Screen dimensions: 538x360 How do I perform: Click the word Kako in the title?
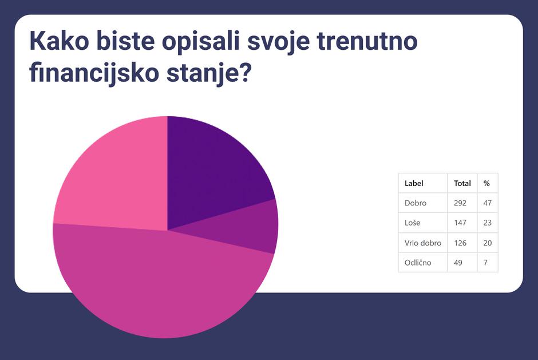(x=60, y=41)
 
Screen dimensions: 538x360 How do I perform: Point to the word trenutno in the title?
(x=367, y=41)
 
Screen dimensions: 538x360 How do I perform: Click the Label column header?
(x=414, y=183)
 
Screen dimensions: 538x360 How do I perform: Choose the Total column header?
(x=462, y=183)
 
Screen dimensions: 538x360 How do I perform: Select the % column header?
(x=486, y=183)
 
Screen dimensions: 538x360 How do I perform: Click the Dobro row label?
(x=415, y=203)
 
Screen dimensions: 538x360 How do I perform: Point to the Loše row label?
(x=412, y=223)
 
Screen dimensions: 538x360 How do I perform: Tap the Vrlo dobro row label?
(x=423, y=243)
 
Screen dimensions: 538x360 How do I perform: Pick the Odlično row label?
(x=418, y=263)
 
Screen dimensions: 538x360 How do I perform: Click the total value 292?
(x=460, y=203)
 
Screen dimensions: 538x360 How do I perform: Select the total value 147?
(x=460, y=223)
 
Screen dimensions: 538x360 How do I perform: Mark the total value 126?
(x=460, y=243)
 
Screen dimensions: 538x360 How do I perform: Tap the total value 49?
(x=458, y=263)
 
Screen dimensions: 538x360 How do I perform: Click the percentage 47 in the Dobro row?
(x=487, y=203)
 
